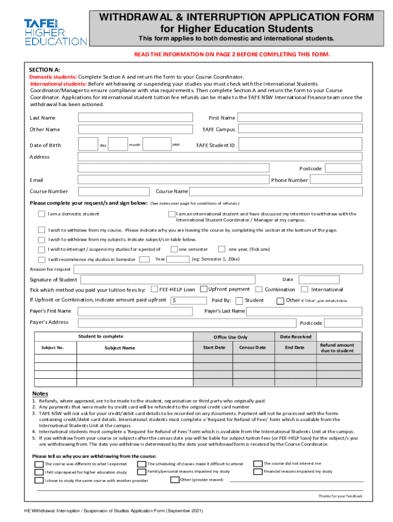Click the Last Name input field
coord(135,118)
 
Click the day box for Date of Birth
coord(88,145)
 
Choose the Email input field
coord(173,180)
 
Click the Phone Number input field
coord(336,180)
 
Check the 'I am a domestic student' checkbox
coord(41,214)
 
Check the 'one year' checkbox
coord(222,249)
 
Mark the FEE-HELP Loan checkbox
coord(154,289)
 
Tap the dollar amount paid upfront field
coord(189,300)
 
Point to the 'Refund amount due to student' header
coord(337,348)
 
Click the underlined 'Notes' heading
coord(40,394)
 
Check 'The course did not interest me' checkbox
coord(257,463)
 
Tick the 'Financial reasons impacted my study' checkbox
coord(257,472)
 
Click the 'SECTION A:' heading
coord(44,69)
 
